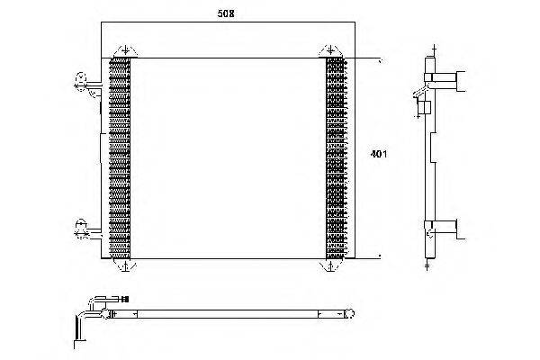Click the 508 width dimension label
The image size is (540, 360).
(x=226, y=13)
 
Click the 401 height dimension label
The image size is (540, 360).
(x=379, y=154)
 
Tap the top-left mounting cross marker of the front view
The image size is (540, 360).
(x=125, y=50)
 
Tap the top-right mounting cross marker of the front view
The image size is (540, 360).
(x=330, y=50)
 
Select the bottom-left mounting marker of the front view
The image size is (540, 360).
(x=125, y=265)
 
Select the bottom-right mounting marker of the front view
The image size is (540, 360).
(x=330, y=265)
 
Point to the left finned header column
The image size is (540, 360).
(x=120, y=158)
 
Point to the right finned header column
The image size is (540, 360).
(x=336, y=158)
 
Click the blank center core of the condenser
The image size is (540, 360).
(x=228, y=158)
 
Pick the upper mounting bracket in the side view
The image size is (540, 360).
(x=445, y=81)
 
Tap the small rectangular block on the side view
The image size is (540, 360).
(x=425, y=108)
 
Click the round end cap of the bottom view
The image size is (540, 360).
(x=349, y=314)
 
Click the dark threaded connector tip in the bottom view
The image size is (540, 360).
(x=126, y=300)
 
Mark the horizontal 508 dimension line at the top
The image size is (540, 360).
(x=228, y=22)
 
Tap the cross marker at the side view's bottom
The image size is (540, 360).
(x=427, y=265)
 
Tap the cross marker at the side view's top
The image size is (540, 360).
(x=434, y=50)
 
